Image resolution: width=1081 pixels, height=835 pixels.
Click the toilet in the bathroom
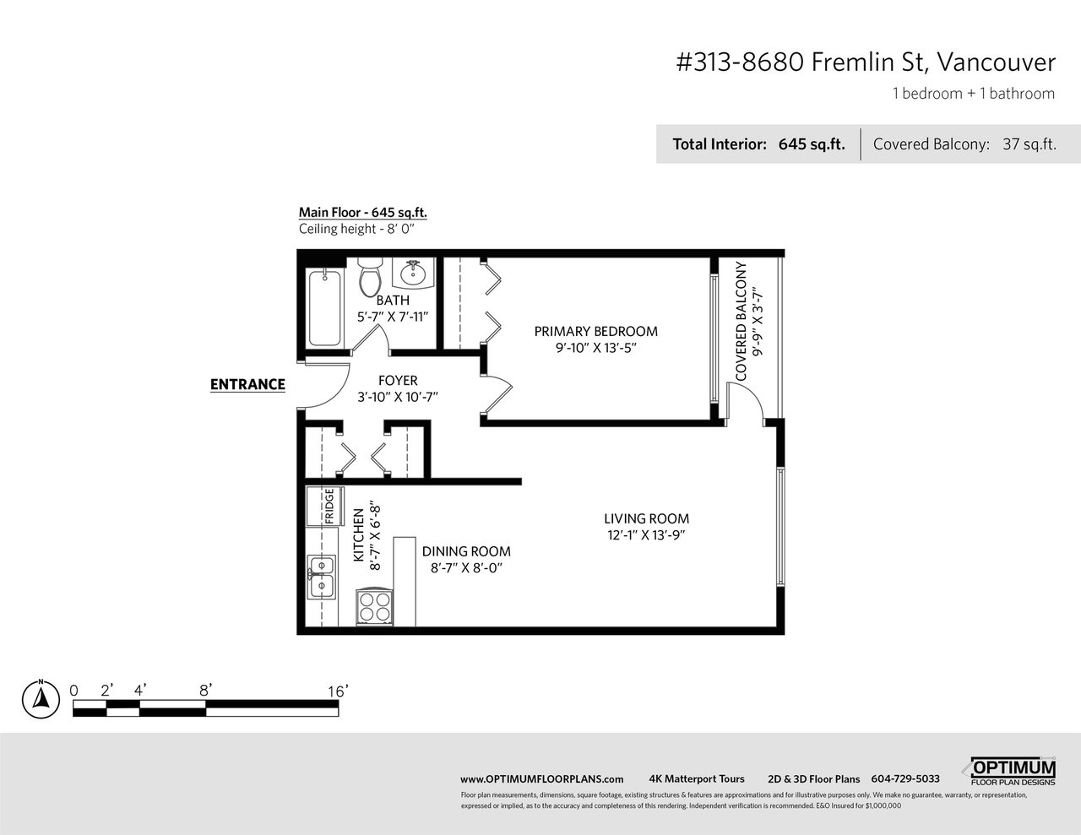pyautogui.click(x=369, y=278)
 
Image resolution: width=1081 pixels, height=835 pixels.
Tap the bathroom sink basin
pyautogui.click(x=413, y=272)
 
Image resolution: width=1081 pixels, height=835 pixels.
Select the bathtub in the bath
pyautogui.click(x=325, y=307)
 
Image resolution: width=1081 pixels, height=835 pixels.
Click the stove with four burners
pyautogui.click(x=375, y=607)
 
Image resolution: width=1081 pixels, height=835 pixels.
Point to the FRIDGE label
pyautogui.click(x=329, y=507)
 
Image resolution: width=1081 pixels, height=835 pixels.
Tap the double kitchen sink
pyautogui.click(x=322, y=577)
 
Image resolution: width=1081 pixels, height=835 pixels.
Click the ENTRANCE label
pyautogui.click(x=247, y=384)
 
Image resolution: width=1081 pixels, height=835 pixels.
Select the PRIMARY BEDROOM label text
pyautogui.click(x=596, y=331)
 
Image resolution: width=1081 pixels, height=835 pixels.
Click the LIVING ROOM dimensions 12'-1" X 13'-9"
pyautogui.click(x=647, y=535)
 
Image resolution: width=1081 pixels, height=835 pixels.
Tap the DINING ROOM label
pyautogui.click(x=466, y=551)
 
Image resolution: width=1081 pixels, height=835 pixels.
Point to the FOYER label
pyautogui.click(x=398, y=381)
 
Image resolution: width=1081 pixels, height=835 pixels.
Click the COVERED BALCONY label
pyautogui.click(x=741, y=322)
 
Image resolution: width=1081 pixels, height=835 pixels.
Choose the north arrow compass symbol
pyautogui.click(x=41, y=700)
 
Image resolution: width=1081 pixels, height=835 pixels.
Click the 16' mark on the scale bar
pyautogui.click(x=338, y=691)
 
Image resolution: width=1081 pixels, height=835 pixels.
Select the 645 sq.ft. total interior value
pyautogui.click(x=812, y=144)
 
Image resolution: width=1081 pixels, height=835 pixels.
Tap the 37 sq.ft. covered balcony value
pyautogui.click(x=1029, y=144)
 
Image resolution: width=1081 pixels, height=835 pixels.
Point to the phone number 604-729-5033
pyautogui.click(x=905, y=778)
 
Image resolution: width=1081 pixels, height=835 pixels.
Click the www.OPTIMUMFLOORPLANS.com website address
pyautogui.click(x=541, y=779)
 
